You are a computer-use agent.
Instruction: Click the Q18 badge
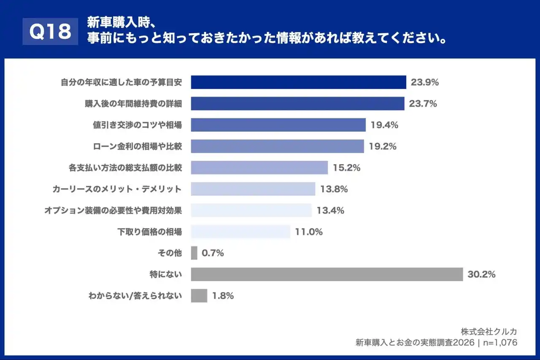(50, 31)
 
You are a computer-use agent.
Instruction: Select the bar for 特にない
(327, 274)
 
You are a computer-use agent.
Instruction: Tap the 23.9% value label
(425, 82)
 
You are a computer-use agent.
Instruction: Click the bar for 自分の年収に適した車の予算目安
(298, 82)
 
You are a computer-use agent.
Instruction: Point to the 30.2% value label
(481, 274)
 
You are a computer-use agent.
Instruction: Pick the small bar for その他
(194, 253)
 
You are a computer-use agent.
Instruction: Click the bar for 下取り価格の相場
(240, 232)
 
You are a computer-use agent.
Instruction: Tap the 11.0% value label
(309, 232)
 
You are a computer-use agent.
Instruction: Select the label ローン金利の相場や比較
(138, 146)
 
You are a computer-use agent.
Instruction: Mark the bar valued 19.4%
(278, 125)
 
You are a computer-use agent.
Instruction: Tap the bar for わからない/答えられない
(199, 296)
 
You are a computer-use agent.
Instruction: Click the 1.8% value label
(223, 296)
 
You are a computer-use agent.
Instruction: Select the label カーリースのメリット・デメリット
(117, 189)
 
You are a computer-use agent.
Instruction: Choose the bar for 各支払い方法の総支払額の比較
(259, 168)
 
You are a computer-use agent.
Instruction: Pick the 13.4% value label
(330, 210)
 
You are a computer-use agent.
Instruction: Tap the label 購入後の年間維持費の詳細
(133, 104)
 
